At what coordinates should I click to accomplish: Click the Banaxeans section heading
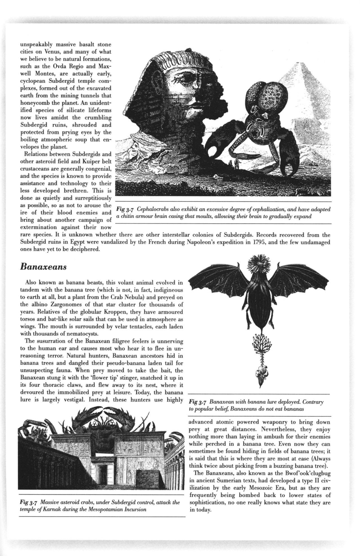[x=44, y=266]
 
